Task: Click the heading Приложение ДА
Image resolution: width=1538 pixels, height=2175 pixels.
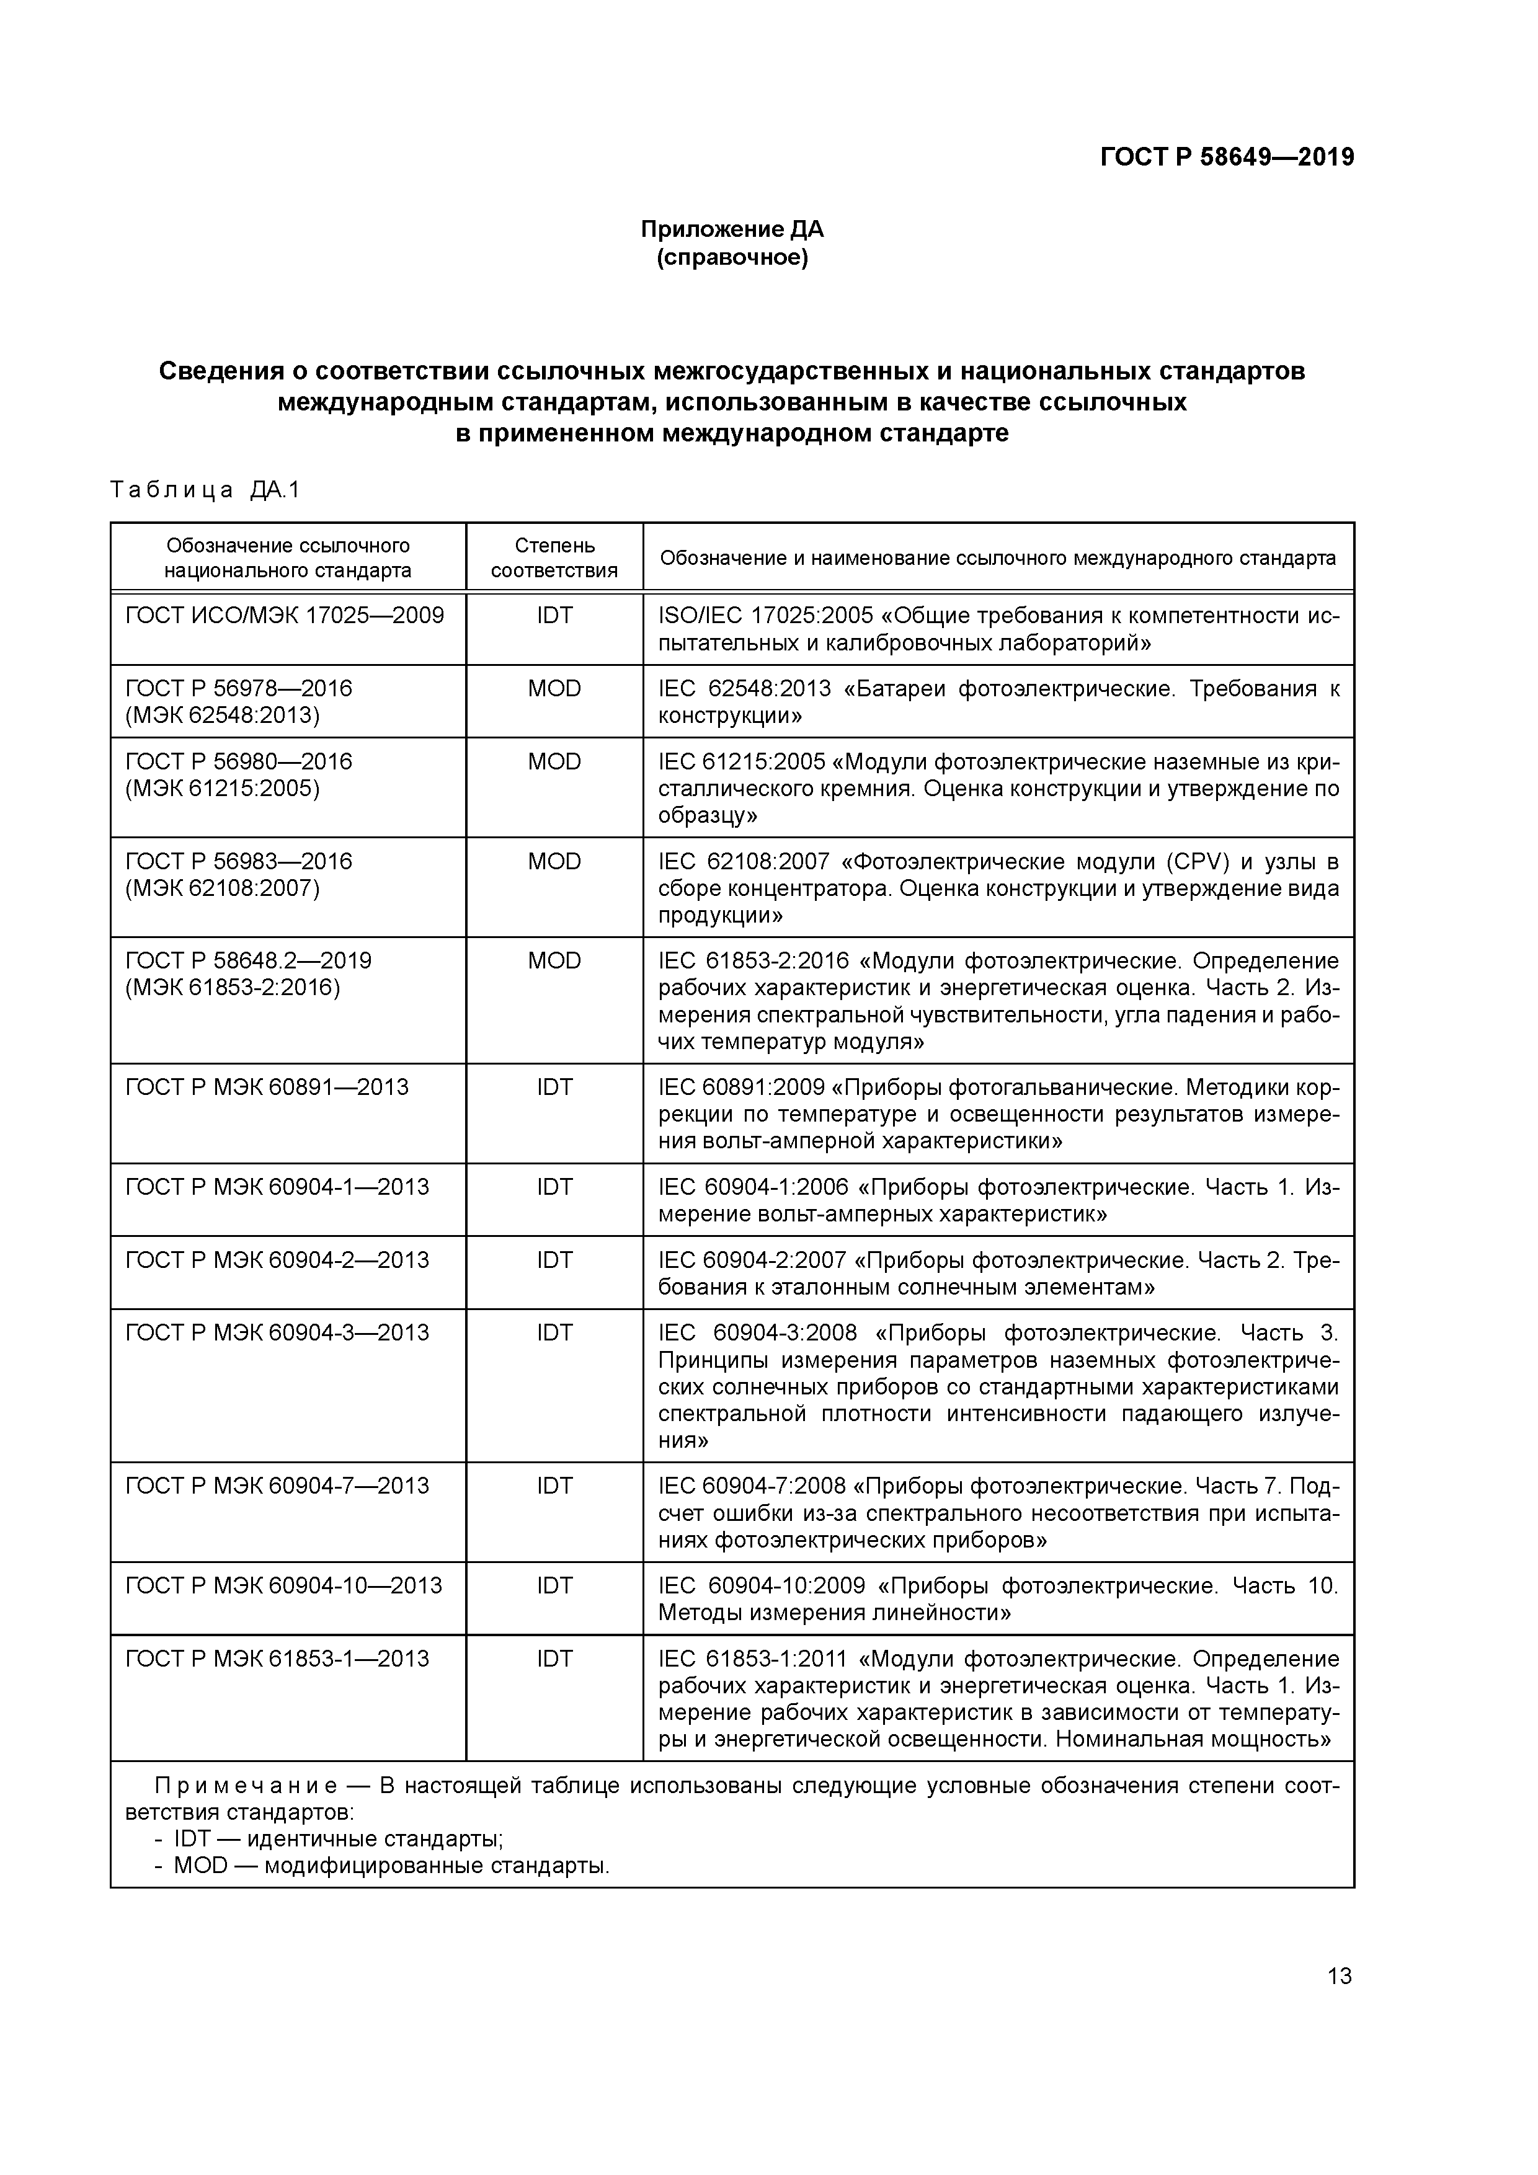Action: [x=732, y=229]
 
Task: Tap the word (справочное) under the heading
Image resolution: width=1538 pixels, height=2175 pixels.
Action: [x=732, y=258]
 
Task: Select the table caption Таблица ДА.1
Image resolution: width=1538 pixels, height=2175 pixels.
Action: [x=205, y=490]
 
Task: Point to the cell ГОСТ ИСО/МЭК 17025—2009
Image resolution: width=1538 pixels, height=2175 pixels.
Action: [x=284, y=616]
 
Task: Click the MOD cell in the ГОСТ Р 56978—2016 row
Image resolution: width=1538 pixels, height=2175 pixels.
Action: [x=554, y=689]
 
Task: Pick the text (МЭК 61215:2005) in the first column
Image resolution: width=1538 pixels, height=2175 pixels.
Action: [x=222, y=788]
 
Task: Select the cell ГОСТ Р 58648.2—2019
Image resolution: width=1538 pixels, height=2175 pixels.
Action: [x=248, y=960]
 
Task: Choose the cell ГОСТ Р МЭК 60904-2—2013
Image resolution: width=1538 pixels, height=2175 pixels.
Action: [x=277, y=1260]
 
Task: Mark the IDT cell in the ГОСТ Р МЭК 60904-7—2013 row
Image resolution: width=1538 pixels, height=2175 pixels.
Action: [x=554, y=1486]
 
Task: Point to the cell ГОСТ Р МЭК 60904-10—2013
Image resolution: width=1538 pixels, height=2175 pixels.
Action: [x=283, y=1585]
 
